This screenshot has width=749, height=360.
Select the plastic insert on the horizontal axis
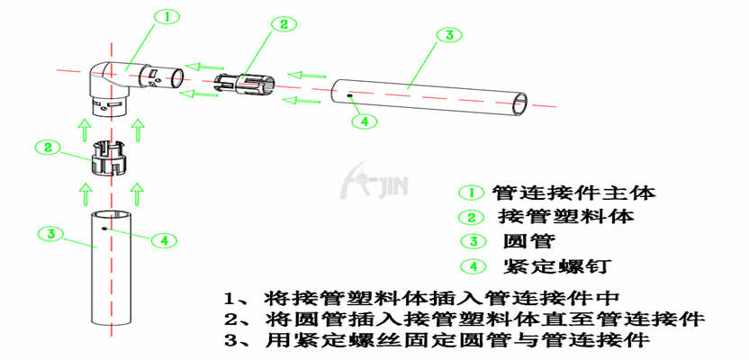245,85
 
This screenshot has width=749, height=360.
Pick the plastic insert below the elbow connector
111,157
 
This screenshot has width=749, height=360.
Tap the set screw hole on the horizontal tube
350,96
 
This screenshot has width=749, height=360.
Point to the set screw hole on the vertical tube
104,229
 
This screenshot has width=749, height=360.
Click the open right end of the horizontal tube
520,104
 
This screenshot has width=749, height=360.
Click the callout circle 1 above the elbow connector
167,18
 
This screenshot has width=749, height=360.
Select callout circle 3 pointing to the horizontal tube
448,35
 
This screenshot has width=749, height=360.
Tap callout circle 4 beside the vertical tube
164,240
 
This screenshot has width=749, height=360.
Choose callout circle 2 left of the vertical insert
49,148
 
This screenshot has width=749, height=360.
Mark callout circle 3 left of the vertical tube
51,234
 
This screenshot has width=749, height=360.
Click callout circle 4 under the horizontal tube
364,121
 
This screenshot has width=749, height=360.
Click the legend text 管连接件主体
573,193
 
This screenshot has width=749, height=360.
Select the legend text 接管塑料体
566,217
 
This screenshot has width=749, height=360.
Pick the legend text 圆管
529,241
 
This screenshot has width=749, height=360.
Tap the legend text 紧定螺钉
557,265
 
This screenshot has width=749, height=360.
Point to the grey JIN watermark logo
374,181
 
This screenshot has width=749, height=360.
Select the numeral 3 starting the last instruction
230,340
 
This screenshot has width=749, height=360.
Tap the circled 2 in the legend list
472,217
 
